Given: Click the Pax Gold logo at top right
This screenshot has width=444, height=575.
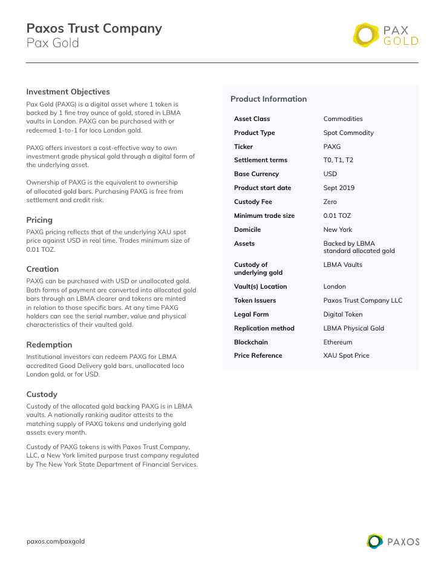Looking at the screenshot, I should (x=385, y=36).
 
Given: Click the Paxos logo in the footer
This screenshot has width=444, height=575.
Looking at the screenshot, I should (x=393, y=541).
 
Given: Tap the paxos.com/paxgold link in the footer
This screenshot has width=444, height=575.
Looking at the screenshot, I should (x=56, y=541).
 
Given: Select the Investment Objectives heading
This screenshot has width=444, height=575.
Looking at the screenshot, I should (x=68, y=92).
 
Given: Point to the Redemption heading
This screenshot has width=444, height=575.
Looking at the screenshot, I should (x=49, y=344).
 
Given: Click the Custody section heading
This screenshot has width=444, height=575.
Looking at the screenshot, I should (x=42, y=394).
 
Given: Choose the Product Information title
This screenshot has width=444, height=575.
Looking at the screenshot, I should (x=269, y=99).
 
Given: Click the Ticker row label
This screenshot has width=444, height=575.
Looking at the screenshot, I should (x=243, y=146).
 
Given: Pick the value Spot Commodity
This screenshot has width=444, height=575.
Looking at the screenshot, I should (x=348, y=133).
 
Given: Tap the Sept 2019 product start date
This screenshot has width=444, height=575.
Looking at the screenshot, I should (x=339, y=188).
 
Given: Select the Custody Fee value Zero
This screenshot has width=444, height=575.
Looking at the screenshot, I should (x=330, y=202).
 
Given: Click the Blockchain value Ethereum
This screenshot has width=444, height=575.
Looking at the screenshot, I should (x=338, y=342).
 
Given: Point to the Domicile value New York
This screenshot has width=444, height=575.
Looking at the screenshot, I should (x=338, y=229).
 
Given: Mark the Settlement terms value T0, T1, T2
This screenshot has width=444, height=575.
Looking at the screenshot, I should (x=338, y=160).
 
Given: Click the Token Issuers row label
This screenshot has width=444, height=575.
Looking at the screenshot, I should (x=255, y=300).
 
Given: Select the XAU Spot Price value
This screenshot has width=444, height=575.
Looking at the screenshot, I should (x=346, y=355).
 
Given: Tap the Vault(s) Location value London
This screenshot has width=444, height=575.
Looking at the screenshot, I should (x=335, y=286).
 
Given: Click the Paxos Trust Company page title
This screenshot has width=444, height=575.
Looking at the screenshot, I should (x=94, y=28).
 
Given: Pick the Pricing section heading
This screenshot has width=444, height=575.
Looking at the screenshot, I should (x=39, y=220).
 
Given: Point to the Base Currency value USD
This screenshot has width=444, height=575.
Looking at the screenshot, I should (x=330, y=174).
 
